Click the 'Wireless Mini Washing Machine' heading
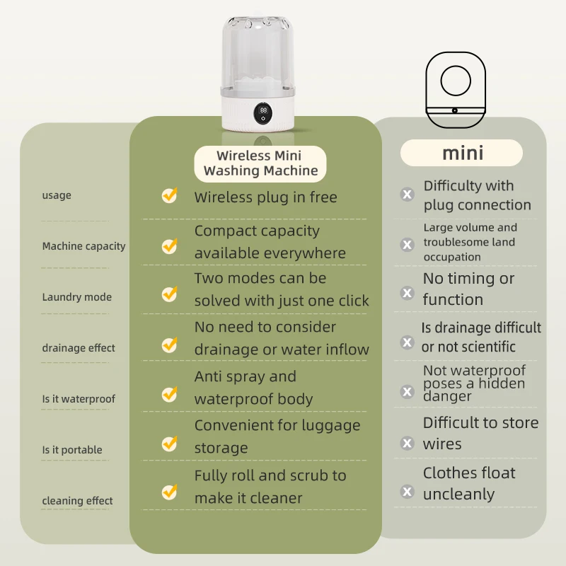point(260,163)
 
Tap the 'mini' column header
point(462,153)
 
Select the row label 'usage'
point(57,195)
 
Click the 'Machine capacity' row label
point(83,246)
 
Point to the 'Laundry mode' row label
point(76,297)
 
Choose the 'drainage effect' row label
point(79,348)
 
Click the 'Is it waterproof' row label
point(79,399)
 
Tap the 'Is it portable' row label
point(72,450)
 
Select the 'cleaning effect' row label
point(77,501)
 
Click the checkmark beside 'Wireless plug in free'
point(169,196)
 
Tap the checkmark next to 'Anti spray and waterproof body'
point(169,393)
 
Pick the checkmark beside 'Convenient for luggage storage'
point(169,444)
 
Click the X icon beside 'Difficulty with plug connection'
point(408,195)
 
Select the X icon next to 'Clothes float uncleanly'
point(408,491)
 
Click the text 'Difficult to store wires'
point(480,433)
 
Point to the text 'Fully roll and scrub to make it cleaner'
point(270,487)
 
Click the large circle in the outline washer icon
point(456,81)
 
